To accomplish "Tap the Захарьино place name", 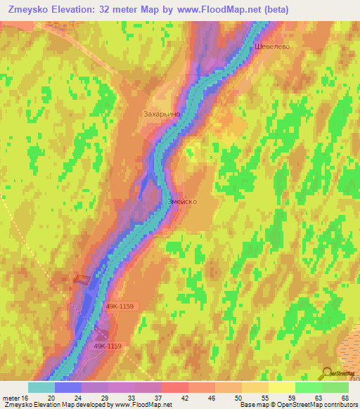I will point(162,113).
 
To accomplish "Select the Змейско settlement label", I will point(182,201).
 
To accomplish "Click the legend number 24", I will point(77,398).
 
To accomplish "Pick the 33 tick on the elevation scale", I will point(131,398).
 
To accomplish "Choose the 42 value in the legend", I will point(184,398).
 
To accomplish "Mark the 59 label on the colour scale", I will point(291,398).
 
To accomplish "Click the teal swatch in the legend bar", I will point(41,387).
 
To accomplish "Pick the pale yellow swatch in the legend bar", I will point(281,387).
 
